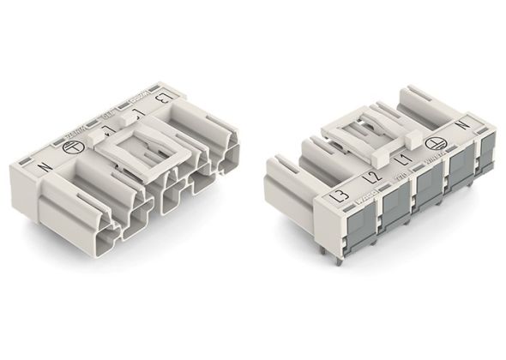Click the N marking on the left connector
44,165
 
